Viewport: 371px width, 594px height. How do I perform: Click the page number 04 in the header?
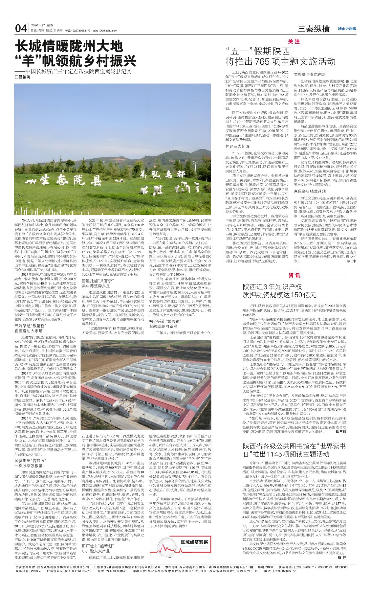click(x=21, y=29)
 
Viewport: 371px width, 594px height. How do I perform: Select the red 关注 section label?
click(x=294, y=42)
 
